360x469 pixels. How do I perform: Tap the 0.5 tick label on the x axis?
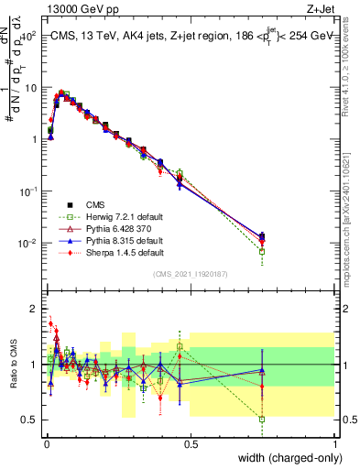pyautogui.click(x=191, y=444)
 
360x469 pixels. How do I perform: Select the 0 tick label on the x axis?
pyautogui.click(x=46, y=444)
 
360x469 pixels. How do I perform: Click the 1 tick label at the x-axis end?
pyautogui.click(x=335, y=444)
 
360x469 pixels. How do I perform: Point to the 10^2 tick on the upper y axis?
pyautogui.click(x=29, y=37)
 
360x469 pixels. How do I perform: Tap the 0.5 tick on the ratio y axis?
pyautogui.click(x=30, y=420)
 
